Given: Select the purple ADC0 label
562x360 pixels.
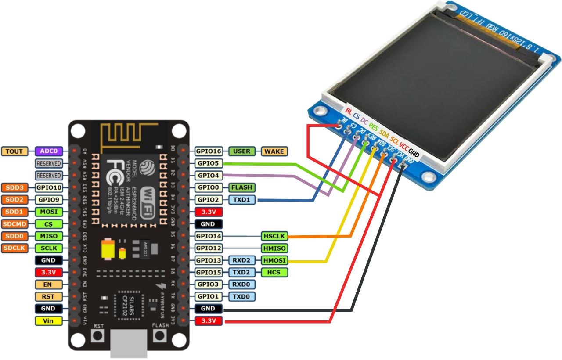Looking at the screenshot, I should (x=48, y=151).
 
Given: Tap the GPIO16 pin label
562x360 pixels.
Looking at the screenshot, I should (x=208, y=151).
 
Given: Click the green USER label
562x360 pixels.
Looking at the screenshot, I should (x=241, y=151).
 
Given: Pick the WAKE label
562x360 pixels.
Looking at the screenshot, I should (x=275, y=151).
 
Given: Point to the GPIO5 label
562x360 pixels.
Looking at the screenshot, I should (x=208, y=163).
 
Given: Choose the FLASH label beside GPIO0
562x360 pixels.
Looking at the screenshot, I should (x=241, y=187).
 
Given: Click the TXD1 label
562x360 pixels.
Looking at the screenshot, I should (x=241, y=200).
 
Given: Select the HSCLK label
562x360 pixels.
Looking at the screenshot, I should (x=274, y=236).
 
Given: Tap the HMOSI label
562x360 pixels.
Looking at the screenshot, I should (x=274, y=260).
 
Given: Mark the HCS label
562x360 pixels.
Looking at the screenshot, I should (x=274, y=272).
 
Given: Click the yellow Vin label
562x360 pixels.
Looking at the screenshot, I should (x=48, y=321).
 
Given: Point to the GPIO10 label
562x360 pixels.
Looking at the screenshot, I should (x=48, y=188).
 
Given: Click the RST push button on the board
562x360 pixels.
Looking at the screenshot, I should (x=98, y=337).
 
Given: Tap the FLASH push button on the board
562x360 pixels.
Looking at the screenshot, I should (x=160, y=337).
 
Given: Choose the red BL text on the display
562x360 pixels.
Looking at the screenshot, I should (x=349, y=111).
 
